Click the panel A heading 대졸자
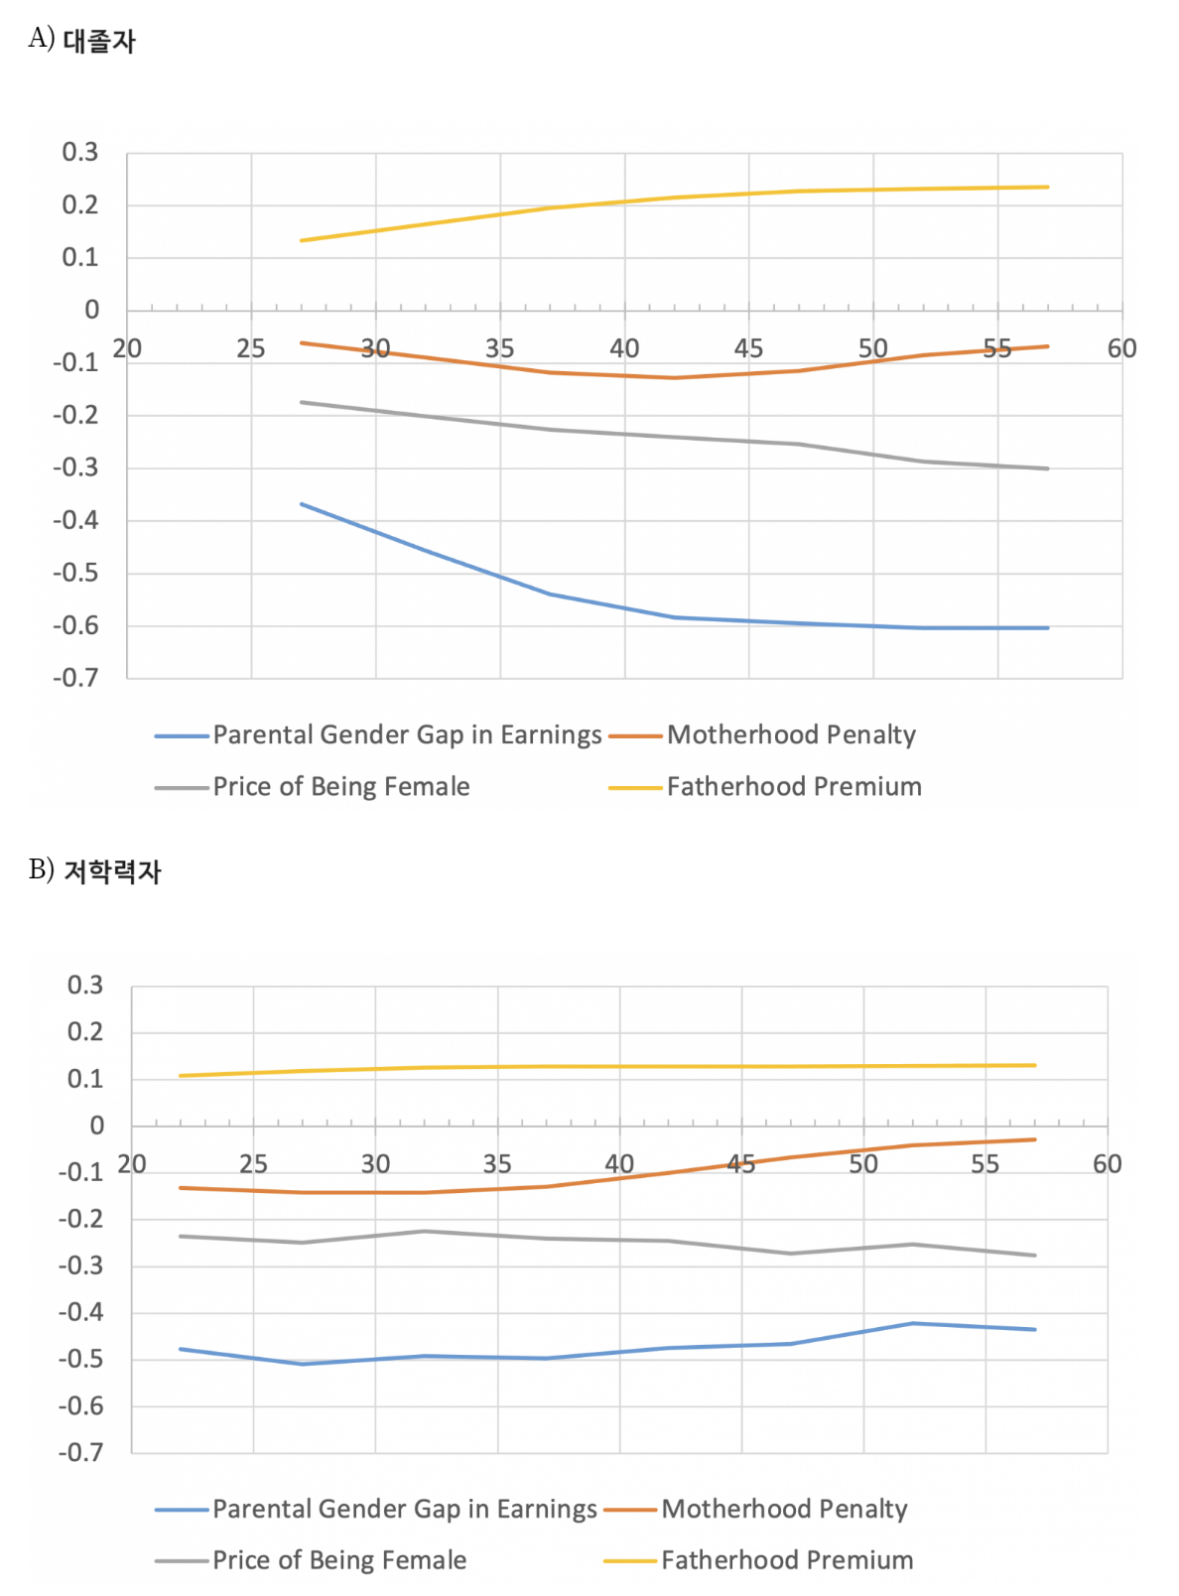98,41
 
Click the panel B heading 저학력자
111,871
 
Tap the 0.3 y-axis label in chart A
80,152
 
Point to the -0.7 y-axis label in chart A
76,678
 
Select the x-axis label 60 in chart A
1121,348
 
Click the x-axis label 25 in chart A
251,348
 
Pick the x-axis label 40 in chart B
619,1163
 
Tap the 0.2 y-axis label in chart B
85,1032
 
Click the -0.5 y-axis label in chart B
81,1359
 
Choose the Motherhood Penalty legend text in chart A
791,734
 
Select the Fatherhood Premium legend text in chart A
794,787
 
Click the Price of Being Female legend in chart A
340,787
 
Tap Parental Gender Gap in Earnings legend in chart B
404,1509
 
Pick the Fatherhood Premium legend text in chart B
787,1560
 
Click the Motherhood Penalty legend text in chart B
784,1509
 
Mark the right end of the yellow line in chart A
1048,187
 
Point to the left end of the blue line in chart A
302,504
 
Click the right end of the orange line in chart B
1035,1139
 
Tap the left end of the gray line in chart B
180,1236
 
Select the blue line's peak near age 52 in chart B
913,1323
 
